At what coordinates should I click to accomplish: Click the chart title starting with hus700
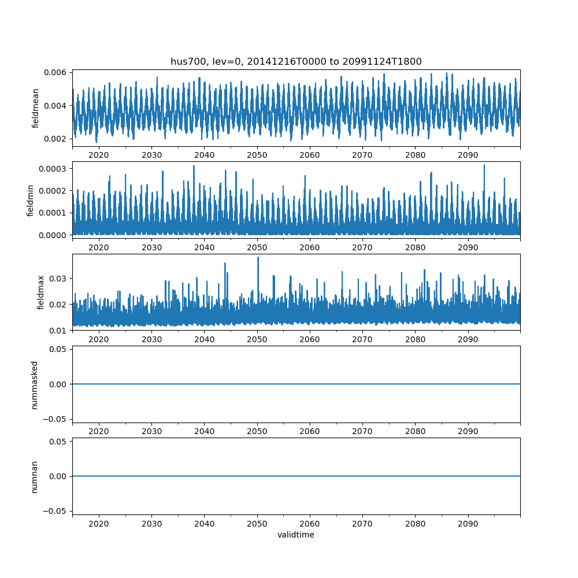click(x=296, y=61)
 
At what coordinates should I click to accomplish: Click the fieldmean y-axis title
click(x=36, y=108)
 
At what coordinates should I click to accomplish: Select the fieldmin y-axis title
click(x=31, y=200)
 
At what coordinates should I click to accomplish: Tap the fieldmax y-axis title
click(x=40, y=292)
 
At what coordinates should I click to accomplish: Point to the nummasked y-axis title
click(x=35, y=384)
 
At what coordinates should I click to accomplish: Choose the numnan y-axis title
click(x=35, y=476)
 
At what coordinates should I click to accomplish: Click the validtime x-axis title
click(x=296, y=535)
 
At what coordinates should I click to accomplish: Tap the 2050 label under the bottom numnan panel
click(x=257, y=524)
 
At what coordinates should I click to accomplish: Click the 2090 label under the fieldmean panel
click(x=468, y=155)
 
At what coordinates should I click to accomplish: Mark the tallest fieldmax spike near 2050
click(x=258, y=258)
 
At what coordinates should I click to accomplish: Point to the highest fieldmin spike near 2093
click(x=484, y=166)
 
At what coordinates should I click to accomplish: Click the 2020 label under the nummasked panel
click(x=99, y=432)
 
